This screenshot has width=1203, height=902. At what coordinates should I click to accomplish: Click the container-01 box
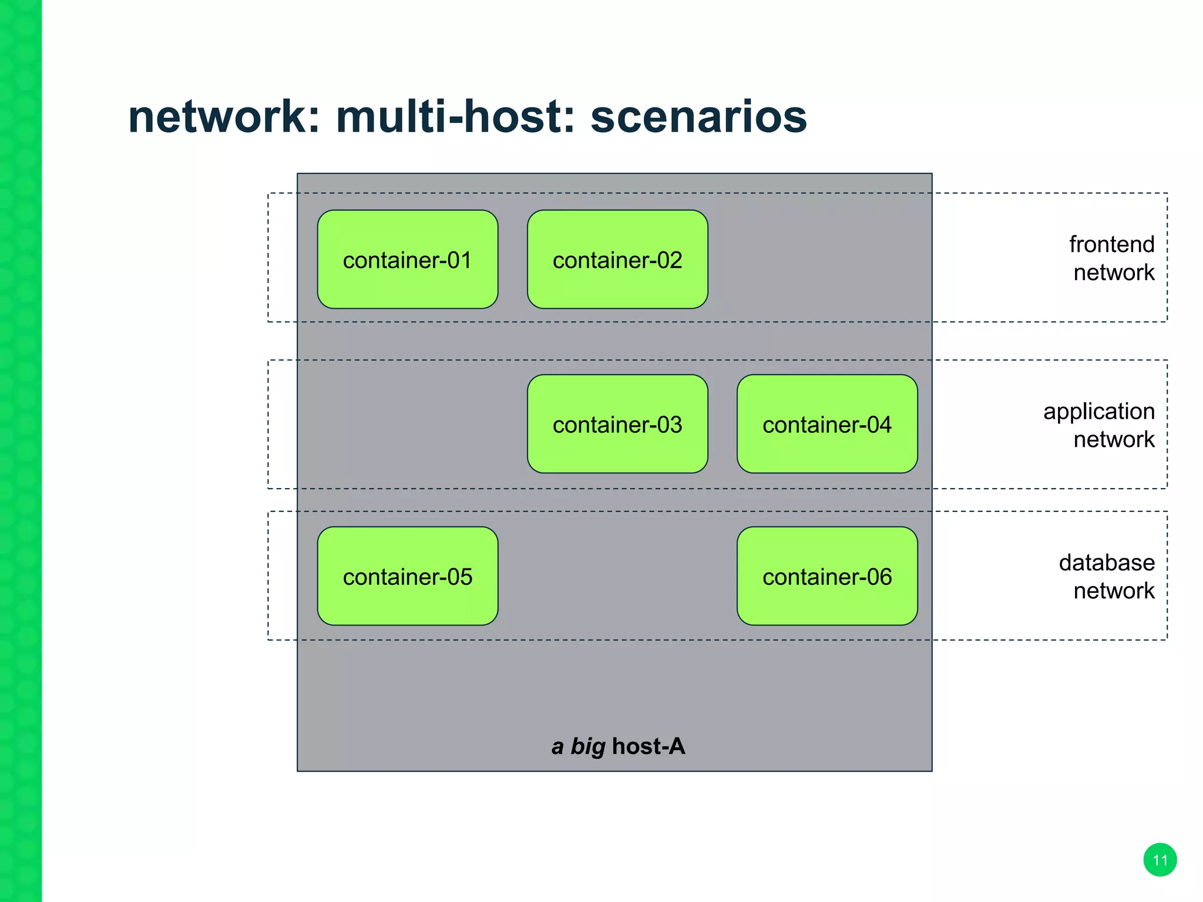point(407,260)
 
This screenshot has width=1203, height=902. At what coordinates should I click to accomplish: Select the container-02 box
point(617,260)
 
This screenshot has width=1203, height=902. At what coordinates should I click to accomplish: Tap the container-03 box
point(617,424)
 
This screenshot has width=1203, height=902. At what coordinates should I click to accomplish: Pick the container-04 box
point(827,424)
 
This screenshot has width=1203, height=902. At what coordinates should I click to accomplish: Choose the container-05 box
point(407,576)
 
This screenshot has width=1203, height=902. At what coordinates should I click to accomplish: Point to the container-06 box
point(827,576)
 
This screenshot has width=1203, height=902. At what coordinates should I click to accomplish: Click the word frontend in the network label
point(1111,244)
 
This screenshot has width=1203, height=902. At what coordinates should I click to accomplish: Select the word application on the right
point(1098,411)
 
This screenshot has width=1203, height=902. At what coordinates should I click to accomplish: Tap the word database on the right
point(1107,563)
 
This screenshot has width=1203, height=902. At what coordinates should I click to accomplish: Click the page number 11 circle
point(1160,860)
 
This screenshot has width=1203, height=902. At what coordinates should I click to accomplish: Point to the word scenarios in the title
point(698,116)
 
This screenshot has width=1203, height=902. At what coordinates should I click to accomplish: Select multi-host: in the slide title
point(456,116)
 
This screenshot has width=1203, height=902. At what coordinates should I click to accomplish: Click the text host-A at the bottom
point(648,746)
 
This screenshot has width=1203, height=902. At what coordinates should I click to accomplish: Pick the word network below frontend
point(1114,272)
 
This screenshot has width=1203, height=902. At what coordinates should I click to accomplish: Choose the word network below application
point(1114,439)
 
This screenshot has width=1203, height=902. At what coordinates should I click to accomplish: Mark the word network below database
point(1114,591)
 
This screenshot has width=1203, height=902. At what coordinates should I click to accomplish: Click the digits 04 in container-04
point(878,425)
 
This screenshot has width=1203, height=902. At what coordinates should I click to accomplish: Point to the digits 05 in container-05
point(459,577)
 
